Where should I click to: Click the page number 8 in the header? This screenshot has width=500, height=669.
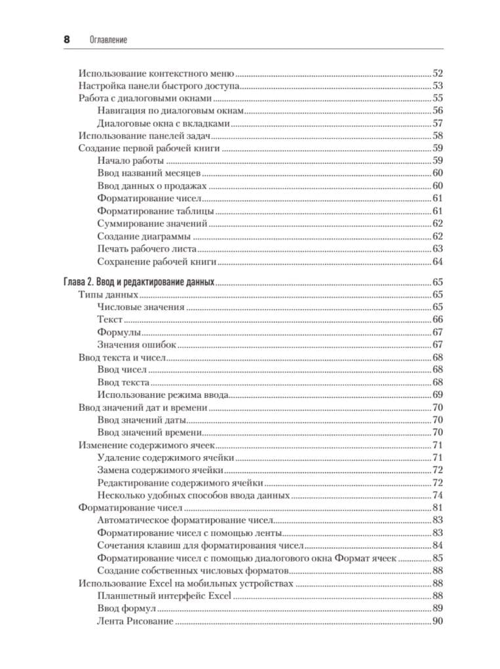(66, 40)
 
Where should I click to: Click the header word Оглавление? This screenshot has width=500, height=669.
(108, 41)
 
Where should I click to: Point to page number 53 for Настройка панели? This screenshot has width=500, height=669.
(438, 86)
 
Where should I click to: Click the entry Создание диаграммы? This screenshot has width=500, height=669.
(144, 237)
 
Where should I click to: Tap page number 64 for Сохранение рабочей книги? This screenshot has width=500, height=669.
(438, 262)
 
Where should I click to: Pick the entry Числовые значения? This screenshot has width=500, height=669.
(141, 307)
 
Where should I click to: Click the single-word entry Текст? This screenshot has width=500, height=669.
(110, 319)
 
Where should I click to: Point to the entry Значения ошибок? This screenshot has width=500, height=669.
(136, 345)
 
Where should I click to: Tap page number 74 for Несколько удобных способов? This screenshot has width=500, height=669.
(438, 495)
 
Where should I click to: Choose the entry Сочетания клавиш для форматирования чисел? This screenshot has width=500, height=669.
(201, 546)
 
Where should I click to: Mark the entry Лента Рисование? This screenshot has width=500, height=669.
(135, 621)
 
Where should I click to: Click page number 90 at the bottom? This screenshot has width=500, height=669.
(438, 621)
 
